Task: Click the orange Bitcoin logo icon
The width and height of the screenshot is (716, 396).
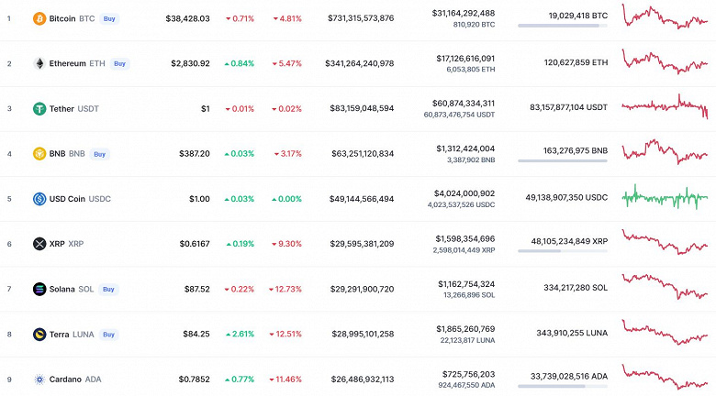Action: tap(39, 18)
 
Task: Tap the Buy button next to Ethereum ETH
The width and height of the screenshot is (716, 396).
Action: tap(120, 63)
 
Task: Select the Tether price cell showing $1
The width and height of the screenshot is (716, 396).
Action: tap(205, 108)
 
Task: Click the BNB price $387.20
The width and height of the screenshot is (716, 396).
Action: tap(194, 153)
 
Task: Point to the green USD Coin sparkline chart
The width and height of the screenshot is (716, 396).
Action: tap(666, 197)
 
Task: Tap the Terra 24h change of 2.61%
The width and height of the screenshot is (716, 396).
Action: tap(241, 334)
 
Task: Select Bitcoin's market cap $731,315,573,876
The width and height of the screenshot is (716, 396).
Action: tap(360, 18)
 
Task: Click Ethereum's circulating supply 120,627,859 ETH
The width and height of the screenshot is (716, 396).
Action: tap(562, 63)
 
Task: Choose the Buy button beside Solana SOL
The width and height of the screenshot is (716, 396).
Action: tap(108, 289)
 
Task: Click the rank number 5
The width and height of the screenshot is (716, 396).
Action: tap(9, 198)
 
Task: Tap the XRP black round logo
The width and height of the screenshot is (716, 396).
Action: tap(39, 244)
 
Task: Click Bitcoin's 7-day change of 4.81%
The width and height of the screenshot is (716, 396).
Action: tap(285, 18)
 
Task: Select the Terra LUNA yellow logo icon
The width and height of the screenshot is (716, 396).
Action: tap(39, 334)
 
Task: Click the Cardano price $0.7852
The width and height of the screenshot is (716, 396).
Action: tap(191, 379)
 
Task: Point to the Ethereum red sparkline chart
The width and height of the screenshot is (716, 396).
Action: tap(666, 60)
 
